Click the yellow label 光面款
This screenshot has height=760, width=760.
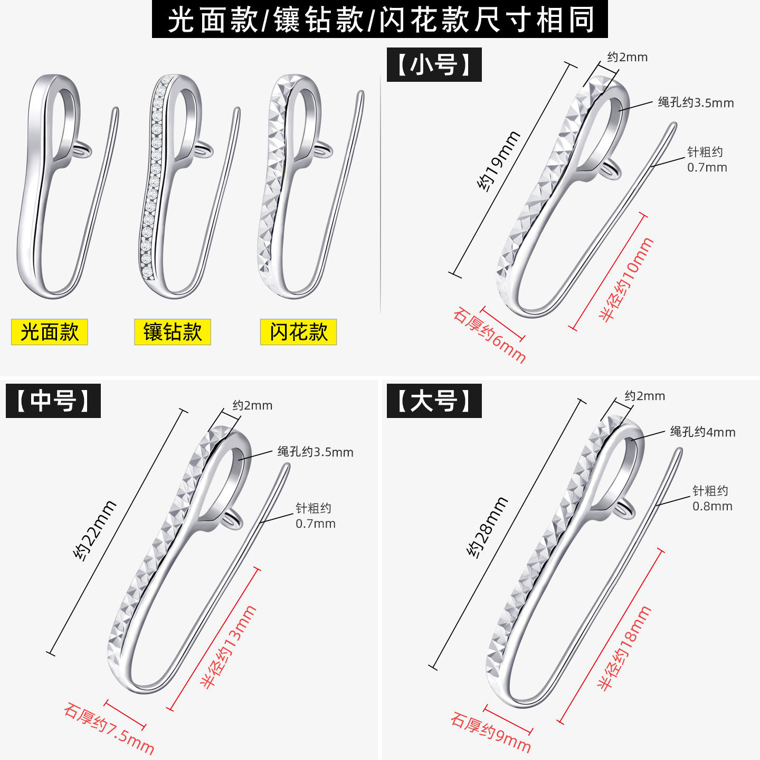point(49,332)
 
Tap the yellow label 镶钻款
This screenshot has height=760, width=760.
point(173,332)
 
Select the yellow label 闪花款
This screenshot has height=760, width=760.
point(298,332)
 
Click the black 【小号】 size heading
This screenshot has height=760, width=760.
point(434,64)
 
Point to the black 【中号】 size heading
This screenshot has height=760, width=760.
point(53,401)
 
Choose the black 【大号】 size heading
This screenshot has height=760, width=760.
point(434,401)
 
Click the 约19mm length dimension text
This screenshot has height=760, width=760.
point(498,161)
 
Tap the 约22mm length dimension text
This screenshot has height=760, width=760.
point(95,530)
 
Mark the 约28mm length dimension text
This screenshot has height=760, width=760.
point(487,527)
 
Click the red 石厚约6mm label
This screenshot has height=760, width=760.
point(489,336)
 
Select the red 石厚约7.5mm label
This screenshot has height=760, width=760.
point(109,728)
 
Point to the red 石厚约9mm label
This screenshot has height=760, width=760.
point(490,732)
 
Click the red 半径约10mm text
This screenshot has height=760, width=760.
point(626,279)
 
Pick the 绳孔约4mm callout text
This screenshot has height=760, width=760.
point(702,432)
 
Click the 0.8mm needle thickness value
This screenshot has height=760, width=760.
point(712,506)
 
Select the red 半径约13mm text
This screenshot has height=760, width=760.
point(229,647)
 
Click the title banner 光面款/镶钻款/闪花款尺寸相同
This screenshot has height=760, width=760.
point(380,19)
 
